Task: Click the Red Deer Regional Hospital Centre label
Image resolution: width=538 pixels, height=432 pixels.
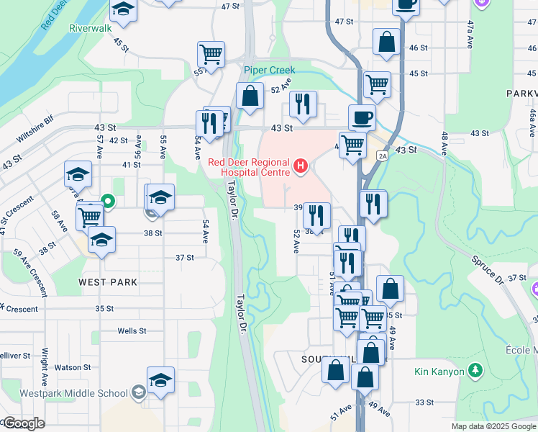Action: coord(249,167)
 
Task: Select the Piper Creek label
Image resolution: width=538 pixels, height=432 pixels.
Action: coord(269,71)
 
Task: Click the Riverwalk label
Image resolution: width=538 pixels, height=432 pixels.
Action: coord(91,28)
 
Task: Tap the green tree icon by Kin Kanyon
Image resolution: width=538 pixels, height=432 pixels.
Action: coord(474,371)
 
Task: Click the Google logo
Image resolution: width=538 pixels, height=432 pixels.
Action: coord(23,423)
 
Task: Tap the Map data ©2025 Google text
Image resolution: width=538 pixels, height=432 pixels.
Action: coord(493,426)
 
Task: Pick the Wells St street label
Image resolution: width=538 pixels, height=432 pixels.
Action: coord(132,331)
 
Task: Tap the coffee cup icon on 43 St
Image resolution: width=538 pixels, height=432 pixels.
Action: coord(362,117)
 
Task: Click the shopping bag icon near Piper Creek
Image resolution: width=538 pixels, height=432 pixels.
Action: coord(250,96)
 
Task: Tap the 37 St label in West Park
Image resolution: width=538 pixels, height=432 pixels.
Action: coord(185,257)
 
